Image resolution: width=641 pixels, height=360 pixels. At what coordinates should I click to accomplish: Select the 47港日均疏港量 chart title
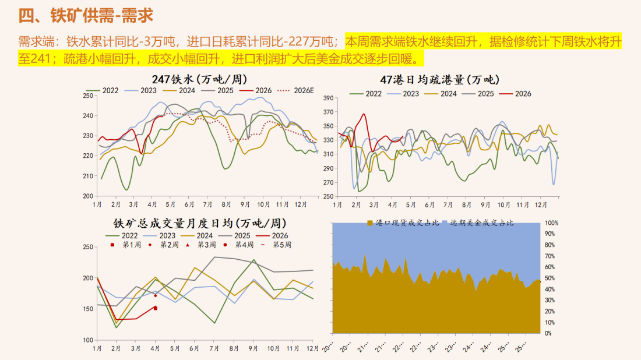[440, 80]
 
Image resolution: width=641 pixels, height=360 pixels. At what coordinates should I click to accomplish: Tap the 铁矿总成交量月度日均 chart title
[199, 223]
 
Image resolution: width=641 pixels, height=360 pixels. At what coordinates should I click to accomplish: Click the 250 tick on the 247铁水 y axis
[89, 96]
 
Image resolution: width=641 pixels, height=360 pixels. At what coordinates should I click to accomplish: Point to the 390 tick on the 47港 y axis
[327, 98]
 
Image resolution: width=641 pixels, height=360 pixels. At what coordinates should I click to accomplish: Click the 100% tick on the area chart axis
[551, 223]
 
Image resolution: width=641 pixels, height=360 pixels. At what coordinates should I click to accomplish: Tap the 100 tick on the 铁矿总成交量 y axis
[89, 340]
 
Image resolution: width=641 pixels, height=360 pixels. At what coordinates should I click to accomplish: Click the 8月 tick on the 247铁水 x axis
[226, 204]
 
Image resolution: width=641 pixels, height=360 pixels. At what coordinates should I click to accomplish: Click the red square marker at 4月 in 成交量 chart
[155, 308]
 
